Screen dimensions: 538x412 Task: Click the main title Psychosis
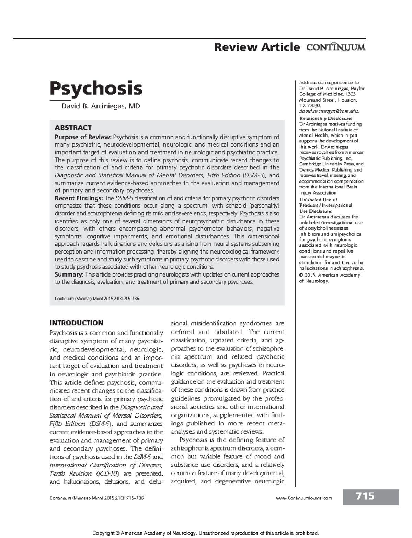click(96, 88)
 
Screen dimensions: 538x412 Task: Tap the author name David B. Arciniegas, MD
click(101, 106)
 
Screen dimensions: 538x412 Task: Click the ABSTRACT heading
click(73, 128)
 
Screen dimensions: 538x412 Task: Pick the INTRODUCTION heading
click(76, 323)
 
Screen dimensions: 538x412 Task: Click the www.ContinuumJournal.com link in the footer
click(304, 498)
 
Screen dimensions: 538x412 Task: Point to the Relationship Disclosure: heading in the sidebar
click(325, 118)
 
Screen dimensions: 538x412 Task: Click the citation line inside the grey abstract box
click(98, 299)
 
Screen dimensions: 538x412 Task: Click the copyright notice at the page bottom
click(206, 533)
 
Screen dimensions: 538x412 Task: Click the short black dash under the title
click(57, 101)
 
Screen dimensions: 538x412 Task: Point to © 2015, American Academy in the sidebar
click(330, 275)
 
